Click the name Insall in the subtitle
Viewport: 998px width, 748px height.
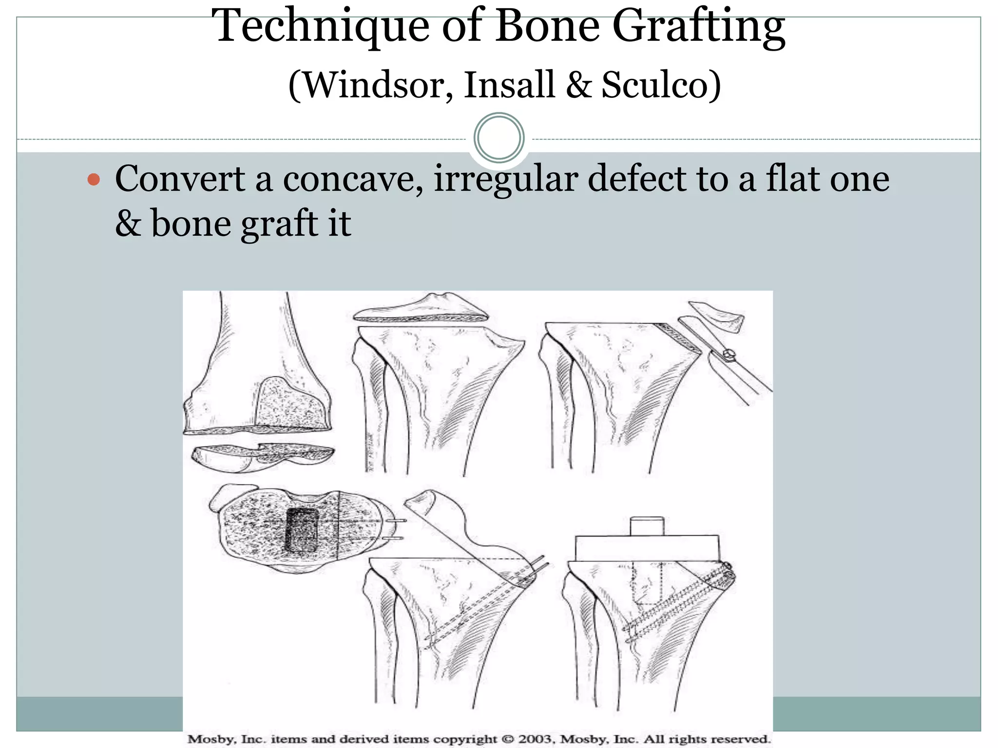(509, 85)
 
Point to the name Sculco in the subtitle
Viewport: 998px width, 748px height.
(661, 85)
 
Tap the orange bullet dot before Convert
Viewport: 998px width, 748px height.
(94, 180)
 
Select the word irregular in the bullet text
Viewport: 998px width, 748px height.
(505, 179)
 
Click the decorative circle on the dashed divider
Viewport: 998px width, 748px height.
(499, 138)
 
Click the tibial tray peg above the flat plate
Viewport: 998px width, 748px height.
(647, 526)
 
